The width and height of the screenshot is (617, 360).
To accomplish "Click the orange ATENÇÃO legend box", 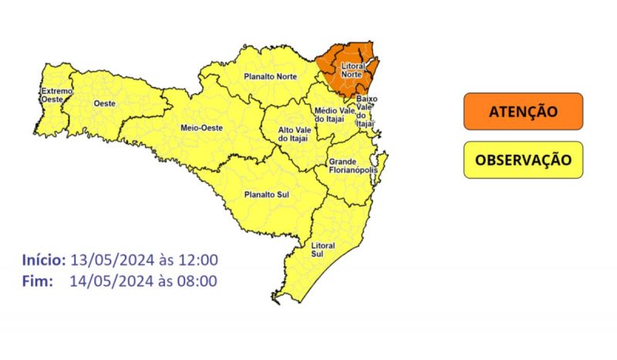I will coord(523,112).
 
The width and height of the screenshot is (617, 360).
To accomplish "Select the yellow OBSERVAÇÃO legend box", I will coord(523,160).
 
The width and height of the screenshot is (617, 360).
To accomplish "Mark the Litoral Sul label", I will coord(322,249).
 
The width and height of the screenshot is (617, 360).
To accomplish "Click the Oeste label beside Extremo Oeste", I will coord(105,103).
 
